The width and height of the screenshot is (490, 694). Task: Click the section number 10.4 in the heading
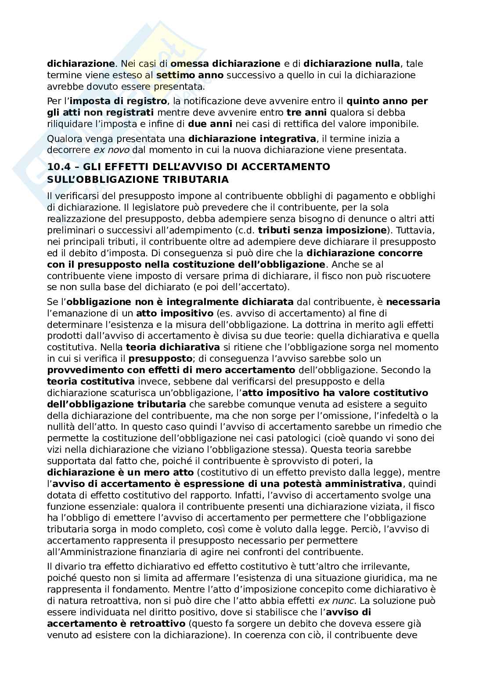59,167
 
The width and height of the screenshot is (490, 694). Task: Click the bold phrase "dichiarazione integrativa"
252,139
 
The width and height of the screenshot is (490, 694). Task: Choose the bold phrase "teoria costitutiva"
91,382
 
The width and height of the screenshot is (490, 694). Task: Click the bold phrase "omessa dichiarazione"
225,64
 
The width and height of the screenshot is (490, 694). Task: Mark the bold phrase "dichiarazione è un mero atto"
120,472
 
